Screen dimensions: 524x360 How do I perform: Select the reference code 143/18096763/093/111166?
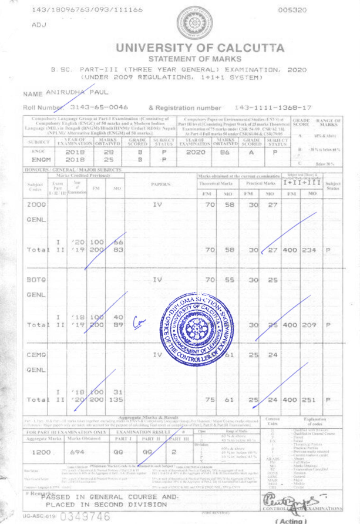[x=88, y=11]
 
